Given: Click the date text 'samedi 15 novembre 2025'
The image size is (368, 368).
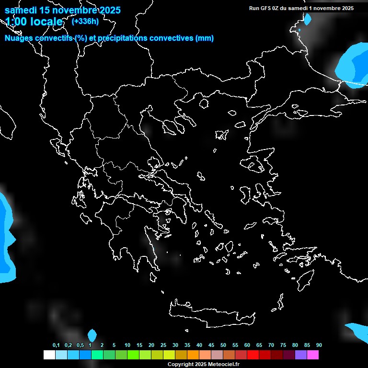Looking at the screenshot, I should [62, 10].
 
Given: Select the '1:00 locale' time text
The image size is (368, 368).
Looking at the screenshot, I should [34, 22].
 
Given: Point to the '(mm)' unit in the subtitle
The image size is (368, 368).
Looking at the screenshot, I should [205, 38].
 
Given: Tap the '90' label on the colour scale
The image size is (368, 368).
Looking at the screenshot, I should [319, 345].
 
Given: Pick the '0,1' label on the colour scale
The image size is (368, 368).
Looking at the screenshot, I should [56, 345].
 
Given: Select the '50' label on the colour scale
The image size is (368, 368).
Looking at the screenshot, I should [223, 345].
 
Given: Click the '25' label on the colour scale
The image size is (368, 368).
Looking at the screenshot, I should [163, 345].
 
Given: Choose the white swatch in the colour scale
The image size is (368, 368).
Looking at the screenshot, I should [49, 355].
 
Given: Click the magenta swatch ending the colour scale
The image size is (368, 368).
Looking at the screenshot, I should [312, 355].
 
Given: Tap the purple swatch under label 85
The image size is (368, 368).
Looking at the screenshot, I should [300, 355].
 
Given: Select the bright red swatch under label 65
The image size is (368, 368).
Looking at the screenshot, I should [253, 355].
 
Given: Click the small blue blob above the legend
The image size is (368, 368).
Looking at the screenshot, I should [92, 335].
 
